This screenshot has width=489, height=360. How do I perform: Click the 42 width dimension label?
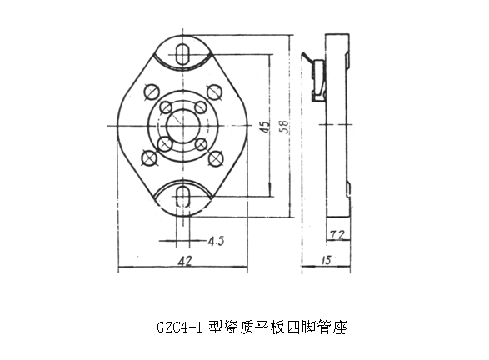coord(185,261)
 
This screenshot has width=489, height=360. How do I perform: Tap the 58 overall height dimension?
coord(284,127)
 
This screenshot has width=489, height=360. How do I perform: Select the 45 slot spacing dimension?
coord(265,127)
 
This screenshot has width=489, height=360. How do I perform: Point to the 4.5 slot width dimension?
coord(216,241)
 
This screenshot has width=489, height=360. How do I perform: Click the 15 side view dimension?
coord(327,260)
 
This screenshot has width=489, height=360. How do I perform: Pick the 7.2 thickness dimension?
coord(337,235)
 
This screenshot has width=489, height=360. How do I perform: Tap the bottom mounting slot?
coord(182,197)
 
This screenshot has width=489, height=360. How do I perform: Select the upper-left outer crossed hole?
coord(152,92)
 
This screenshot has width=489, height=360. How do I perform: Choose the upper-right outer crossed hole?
coord(214,92)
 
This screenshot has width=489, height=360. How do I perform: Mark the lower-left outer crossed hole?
coord(149,157)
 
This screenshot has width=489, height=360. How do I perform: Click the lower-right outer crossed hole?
coord(216,158)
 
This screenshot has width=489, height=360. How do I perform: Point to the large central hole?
coord(182,126)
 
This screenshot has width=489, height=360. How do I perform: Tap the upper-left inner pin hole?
coord(166,108)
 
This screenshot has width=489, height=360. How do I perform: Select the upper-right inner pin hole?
coord(200,107)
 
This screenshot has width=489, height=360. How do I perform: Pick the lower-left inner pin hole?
coord(165,144)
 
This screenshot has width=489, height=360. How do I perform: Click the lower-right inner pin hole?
coord(201,144)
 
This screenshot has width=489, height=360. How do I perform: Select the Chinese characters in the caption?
coord(277,327)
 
